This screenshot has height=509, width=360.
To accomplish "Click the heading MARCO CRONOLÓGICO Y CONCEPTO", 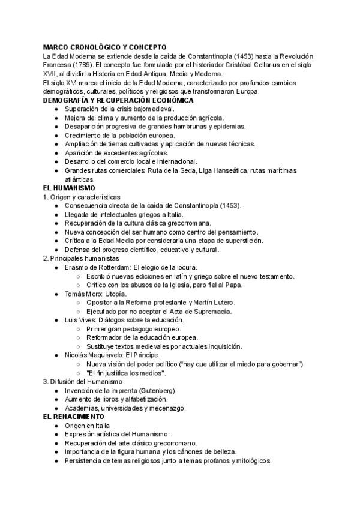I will pos(104,47).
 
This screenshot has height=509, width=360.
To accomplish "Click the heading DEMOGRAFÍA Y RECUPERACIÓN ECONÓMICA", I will pos(118,100).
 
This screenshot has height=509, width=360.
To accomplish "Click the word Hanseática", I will pos(227,171).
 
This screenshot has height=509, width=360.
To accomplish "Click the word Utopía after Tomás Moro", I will pos(115,294).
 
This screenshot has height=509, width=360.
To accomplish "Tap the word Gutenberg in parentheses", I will pos(146,391).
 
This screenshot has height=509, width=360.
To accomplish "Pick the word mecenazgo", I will pos(166,408).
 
